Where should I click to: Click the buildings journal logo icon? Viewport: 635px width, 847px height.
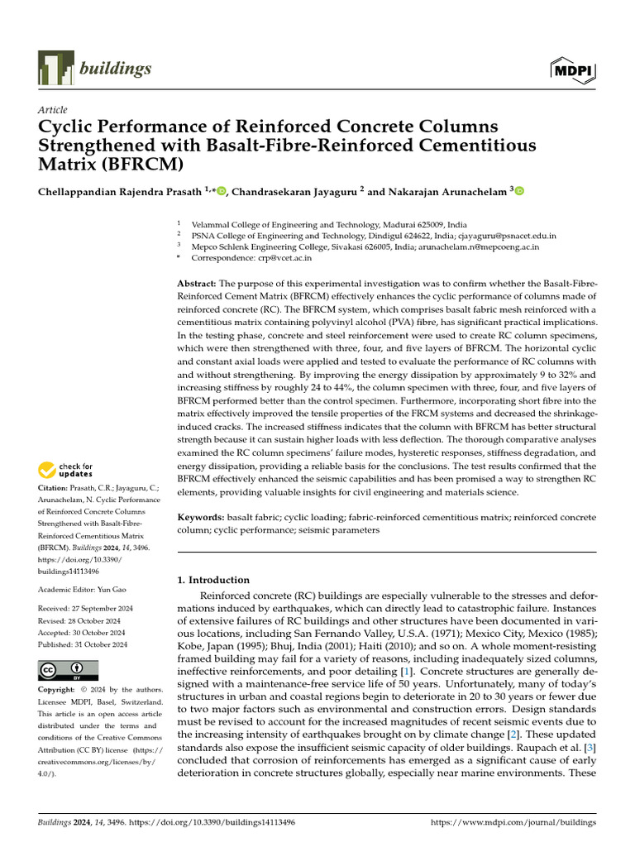[55, 69]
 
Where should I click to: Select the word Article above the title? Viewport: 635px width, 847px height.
[53, 110]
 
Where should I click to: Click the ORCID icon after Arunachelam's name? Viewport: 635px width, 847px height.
[519, 191]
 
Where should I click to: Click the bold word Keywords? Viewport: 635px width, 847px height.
[201, 517]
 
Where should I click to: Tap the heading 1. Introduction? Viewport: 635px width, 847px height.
[214, 580]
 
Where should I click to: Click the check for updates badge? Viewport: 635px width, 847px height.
[67, 471]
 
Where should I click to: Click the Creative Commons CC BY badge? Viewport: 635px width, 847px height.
[68, 669]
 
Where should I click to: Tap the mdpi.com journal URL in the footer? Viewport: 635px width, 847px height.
[513, 823]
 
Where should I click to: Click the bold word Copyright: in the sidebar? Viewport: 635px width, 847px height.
[61, 690]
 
